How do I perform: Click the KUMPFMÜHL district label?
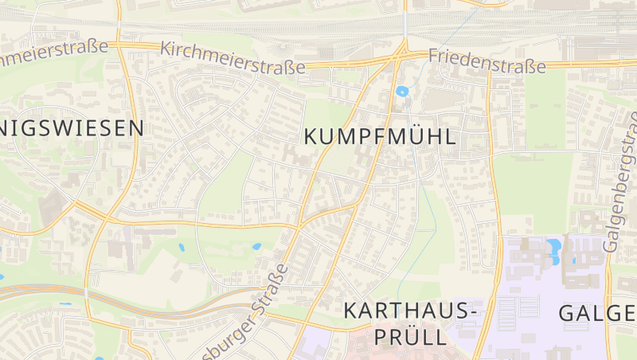point(381,136)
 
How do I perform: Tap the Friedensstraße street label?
point(487,61)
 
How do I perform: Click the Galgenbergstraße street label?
point(623,182)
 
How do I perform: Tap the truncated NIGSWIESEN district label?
point(72,127)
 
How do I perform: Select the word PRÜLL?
point(408,337)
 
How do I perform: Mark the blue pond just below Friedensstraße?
point(401,90)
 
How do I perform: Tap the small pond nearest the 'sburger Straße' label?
point(256,247)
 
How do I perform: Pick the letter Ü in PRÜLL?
point(409,337)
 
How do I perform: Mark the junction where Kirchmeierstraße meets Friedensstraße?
point(401,56)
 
